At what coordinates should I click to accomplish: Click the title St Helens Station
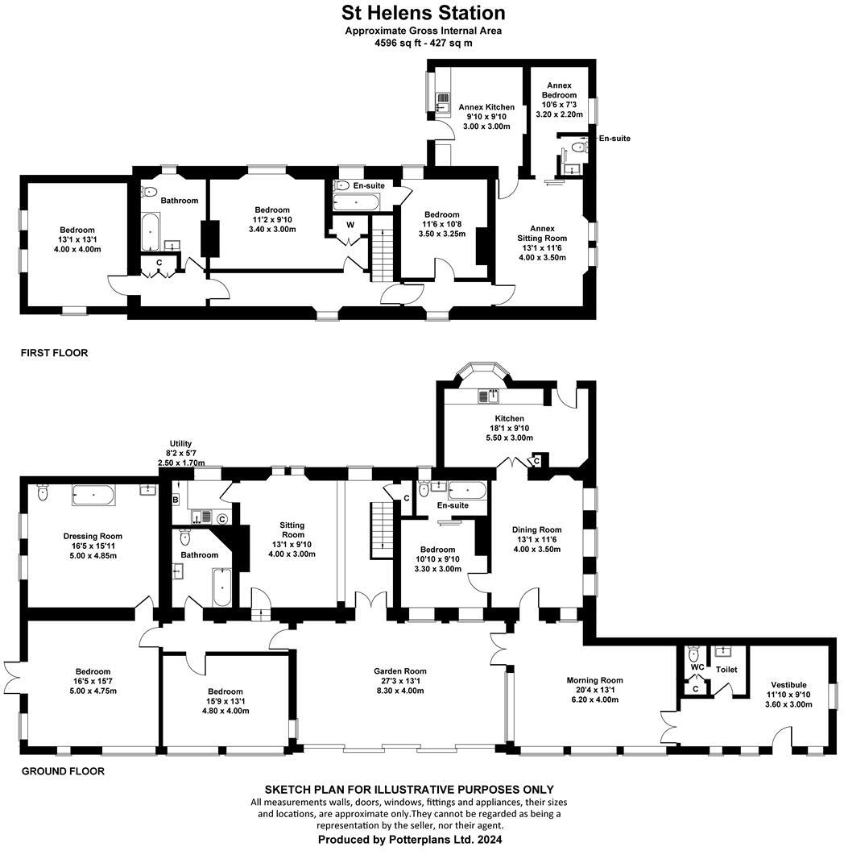pyautogui.click(x=423, y=13)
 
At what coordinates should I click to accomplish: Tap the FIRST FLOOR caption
pyautogui.click(x=55, y=353)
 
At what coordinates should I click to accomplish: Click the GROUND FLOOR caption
pyautogui.click(x=63, y=771)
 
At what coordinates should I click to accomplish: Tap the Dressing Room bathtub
pyautogui.click(x=93, y=495)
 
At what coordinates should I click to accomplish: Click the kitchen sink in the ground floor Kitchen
pyautogui.click(x=488, y=395)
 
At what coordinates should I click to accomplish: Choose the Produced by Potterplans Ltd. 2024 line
pyautogui.click(x=410, y=840)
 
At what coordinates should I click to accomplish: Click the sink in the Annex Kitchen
pyautogui.click(x=442, y=101)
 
